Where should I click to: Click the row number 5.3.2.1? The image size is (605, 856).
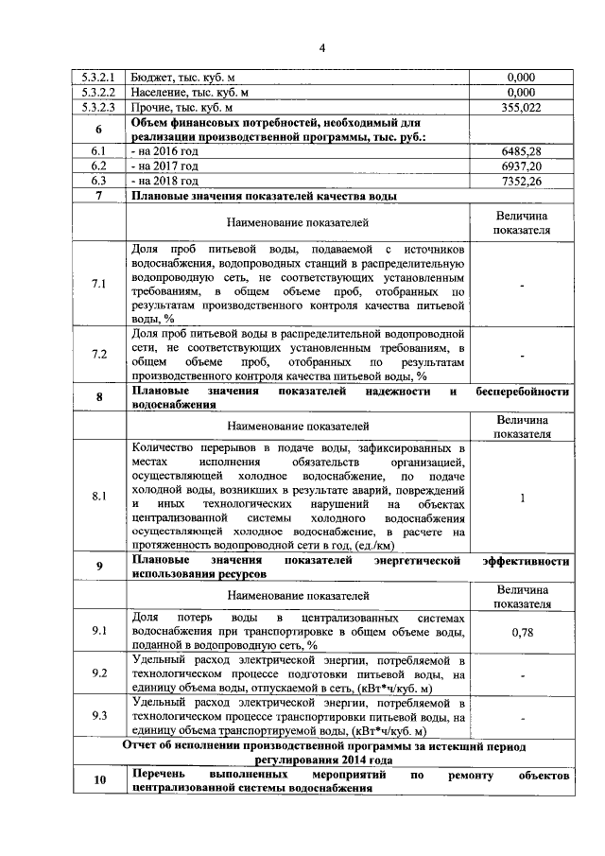[x=98, y=78]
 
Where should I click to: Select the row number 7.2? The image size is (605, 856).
[x=98, y=354]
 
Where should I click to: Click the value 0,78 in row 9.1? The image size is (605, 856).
[x=522, y=631]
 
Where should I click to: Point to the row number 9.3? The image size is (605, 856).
[x=98, y=716]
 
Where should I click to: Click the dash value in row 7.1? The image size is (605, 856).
[x=522, y=285]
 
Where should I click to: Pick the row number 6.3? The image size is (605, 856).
[x=98, y=181]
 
